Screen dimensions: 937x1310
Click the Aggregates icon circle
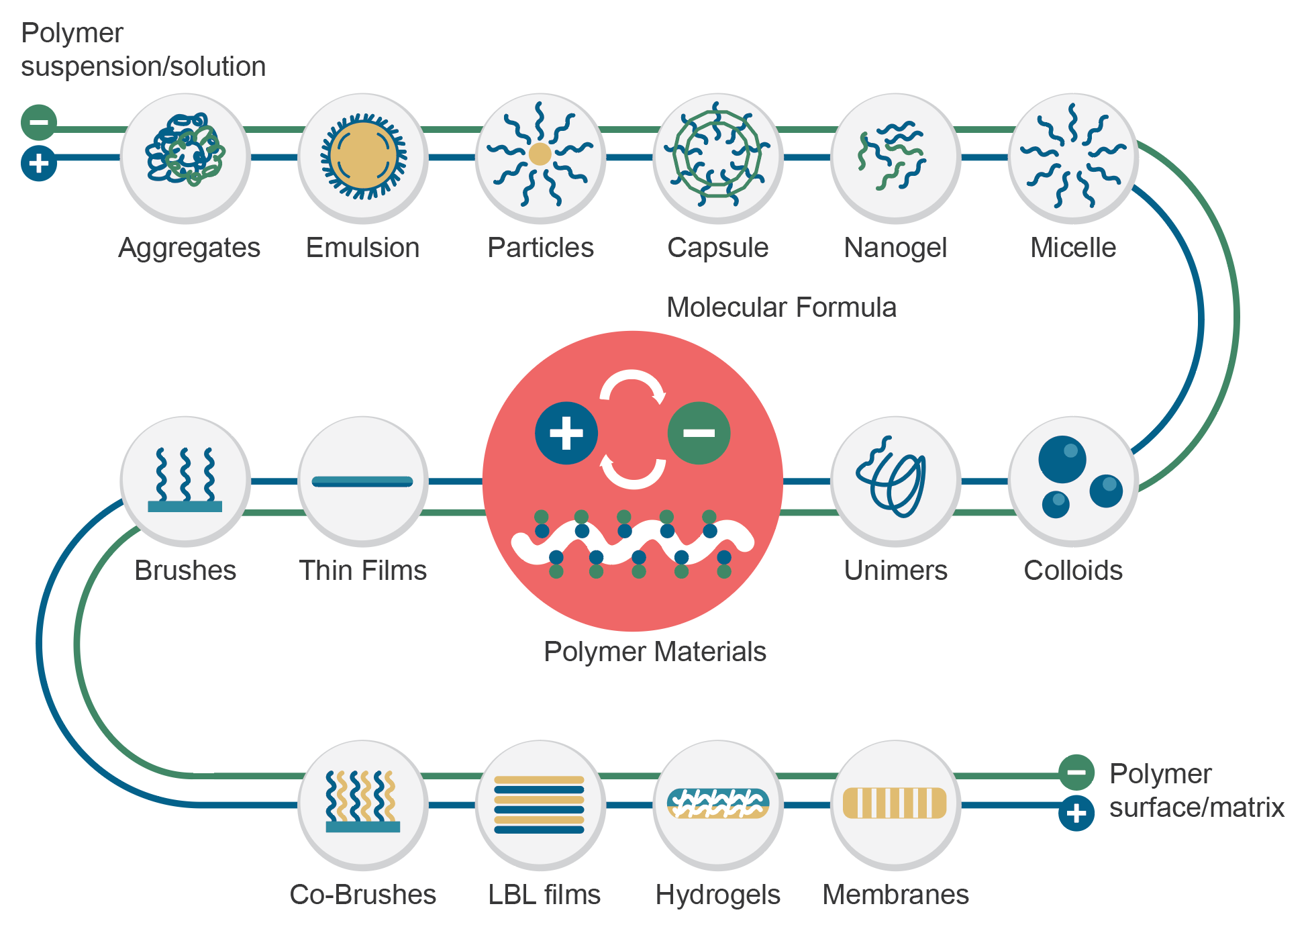click(185, 157)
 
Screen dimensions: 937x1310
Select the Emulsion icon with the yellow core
click(363, 157)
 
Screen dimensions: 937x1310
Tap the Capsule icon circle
click(718, 157)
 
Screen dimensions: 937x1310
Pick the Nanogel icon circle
click(895, 157)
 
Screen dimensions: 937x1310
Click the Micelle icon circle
click(1072, 157)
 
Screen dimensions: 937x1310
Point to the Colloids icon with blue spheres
click(1072, 481)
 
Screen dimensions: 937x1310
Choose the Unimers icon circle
click(895, 481)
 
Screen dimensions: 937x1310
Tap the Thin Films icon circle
click(363, 481)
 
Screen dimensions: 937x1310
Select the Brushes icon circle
click(185, 481)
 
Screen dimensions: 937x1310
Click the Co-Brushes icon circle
click(363, 804)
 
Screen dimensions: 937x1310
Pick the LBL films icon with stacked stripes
click(540, 804)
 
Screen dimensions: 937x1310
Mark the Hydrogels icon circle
click(718, 804)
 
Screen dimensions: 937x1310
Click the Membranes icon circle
click(895, 804)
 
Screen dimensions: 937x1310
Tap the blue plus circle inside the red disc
click(566, 433)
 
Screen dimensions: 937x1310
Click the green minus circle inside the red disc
click(699, 433)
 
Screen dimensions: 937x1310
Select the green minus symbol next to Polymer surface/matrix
click(1076, 772)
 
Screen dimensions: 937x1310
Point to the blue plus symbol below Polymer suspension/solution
click(39, 163)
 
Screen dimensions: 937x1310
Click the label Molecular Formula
click(781, 307)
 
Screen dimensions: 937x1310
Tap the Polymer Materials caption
click(654, 652)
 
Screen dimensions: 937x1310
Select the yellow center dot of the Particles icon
click(540, 154)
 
